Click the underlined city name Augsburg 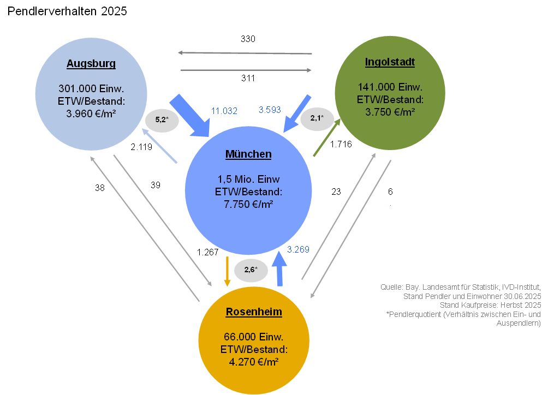pyautogui.click(x=91, y=64)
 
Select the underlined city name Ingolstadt pyautogui.click(x=390, y=62)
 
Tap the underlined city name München pyautogui.click(x=248, y=154)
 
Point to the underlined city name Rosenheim pyautogui.click(x=254, y=312)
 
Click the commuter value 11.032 pyautogui.click(x=224, y=111)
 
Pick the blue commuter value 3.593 pyautogui.click(x=270, y=110)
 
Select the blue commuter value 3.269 pyautogui.click(x=298, y=249)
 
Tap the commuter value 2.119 pyautogui.click(x=141, y=147)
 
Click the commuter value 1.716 pyautogui.click(x=341, y=144)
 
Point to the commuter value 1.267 pyautogui.click(x=208, y=252)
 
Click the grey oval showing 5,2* pyautogui.click(x=161, y=120)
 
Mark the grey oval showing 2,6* pyautogui.click(x=251, y=270)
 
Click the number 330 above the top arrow pyautogui.click(x=248, y=39)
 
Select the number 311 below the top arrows pyautogui.click(x=248, y=78)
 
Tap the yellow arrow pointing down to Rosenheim pyautogui.click(x=227, y=272)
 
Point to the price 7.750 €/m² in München pyautogui.click(x=248, y=204)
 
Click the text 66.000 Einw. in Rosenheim pyautogui.click(x=254, y=337)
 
